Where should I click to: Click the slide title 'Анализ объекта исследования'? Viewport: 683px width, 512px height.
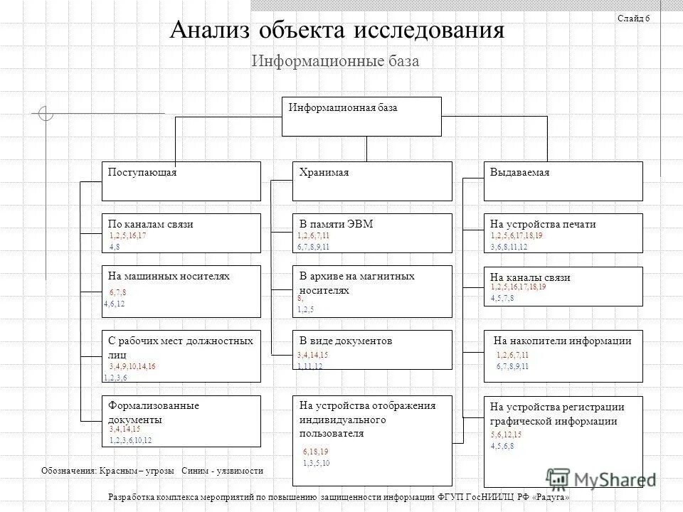pos(337,31)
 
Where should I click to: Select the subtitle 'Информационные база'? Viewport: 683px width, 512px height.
pos(336,61)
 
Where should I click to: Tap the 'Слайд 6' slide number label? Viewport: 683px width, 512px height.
pos(633,18)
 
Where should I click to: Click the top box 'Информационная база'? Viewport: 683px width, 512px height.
pos(361,116)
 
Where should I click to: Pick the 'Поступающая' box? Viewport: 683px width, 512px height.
pos(181,181)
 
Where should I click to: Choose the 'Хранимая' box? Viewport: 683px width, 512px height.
pos(372,181)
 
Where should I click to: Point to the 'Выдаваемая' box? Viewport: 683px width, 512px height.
pos(563,181)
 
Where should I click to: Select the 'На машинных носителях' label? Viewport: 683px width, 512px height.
pos(169,276)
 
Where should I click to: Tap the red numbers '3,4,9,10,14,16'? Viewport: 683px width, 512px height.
pos(132,366)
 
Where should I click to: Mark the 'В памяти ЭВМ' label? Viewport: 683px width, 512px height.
pos(336,225)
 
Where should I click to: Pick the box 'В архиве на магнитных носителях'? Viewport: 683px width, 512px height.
pos(372,291)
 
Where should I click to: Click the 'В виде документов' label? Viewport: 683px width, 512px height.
pos(346,341)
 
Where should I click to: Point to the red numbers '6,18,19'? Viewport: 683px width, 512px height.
pos(315,452)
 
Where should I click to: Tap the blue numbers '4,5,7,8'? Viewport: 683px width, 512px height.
pos(502,299)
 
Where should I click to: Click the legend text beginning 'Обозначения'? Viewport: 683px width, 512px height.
pos(152,471)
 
